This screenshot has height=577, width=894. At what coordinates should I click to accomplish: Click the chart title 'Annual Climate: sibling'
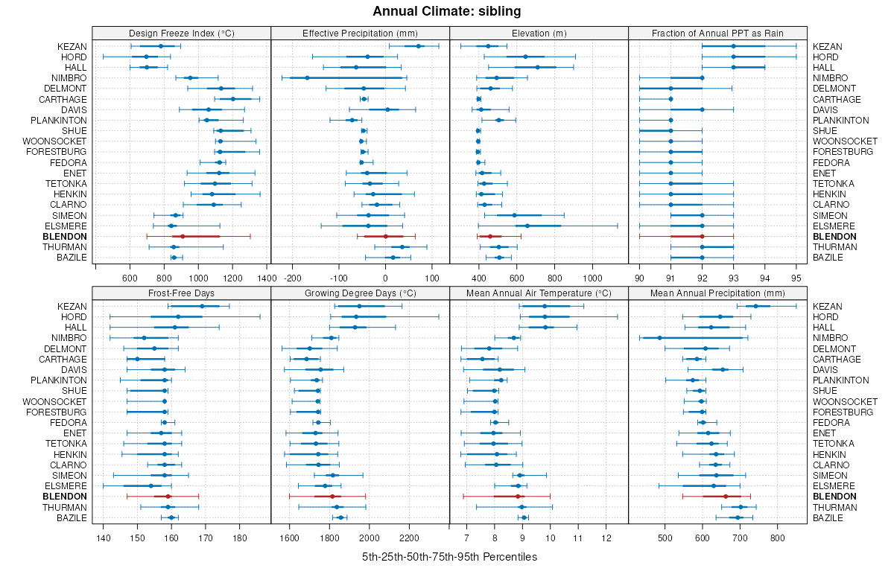(x=446, y=11)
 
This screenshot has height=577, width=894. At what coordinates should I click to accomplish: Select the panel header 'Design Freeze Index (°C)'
(x=182, y=33)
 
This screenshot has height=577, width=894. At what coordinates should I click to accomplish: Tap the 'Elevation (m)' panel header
(x=539, y=33)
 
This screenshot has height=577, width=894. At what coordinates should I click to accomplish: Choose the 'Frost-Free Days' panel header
(x=182, y=293)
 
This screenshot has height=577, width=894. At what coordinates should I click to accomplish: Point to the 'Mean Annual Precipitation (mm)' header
(x=717, y=293)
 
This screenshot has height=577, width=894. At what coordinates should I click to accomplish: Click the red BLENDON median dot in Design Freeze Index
(x=182, y=236)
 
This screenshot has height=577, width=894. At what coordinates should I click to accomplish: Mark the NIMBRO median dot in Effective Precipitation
(x=307, y=78)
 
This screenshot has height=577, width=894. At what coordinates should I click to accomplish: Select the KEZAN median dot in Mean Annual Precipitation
(x=755, y=306)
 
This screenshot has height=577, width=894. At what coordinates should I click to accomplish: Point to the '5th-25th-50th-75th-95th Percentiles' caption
(x=449, y=557)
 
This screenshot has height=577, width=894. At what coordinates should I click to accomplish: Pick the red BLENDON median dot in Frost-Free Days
(x=168, y=496)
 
